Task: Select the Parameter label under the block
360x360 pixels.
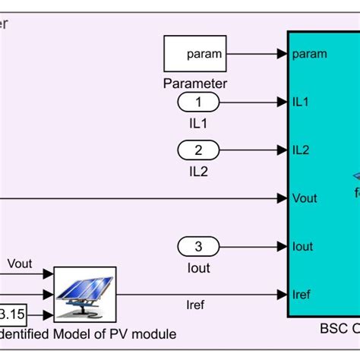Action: pos(195,84)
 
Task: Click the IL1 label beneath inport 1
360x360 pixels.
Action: pos(197,123)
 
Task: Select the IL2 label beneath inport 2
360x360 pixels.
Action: pos(197,172)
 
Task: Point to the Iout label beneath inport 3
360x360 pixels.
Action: pos(197,268)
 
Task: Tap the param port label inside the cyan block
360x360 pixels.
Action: pos(310,54)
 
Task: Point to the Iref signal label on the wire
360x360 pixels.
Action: pos(195,305)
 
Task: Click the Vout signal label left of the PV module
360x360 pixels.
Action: pos(21,264)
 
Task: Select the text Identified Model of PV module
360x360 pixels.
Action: pos(88,334)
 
